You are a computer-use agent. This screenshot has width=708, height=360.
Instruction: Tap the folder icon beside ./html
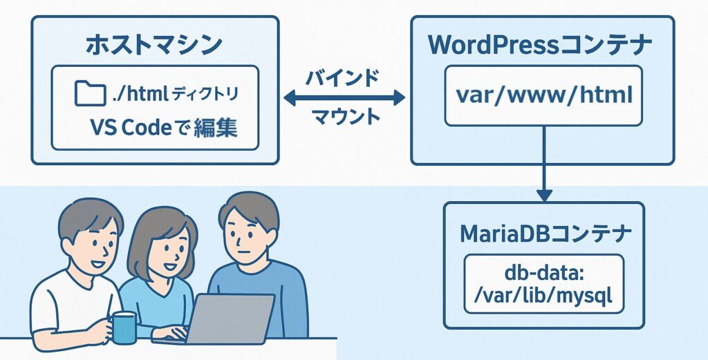click(91, 93)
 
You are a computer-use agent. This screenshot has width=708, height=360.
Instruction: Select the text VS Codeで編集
click(164, 129)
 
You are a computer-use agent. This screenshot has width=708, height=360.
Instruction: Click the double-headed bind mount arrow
click(344, 97)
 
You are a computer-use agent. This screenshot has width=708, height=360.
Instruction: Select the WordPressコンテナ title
click(541, 45)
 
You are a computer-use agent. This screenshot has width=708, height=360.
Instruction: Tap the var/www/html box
click(543, 95)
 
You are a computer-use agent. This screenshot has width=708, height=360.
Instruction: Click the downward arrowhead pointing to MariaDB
click(544, 195)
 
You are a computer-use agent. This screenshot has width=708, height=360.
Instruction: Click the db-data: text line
click(545, 275)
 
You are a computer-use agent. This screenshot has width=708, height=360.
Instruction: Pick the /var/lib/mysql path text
click(543, 297)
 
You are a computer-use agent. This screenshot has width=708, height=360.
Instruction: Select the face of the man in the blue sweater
click(245, 235)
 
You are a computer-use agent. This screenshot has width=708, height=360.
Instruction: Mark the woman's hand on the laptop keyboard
click(174, 332)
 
